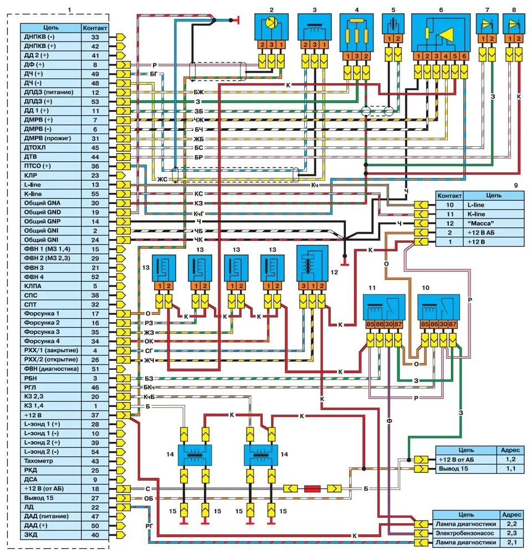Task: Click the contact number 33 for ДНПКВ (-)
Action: point(95,37)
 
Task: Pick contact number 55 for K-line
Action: point(95,193)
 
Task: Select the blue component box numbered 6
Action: point(440,33)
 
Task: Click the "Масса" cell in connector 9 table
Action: point(493,223)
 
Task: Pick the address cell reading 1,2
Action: point(510,460)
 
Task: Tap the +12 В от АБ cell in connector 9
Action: point(493,233)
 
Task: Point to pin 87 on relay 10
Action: point(453,324)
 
